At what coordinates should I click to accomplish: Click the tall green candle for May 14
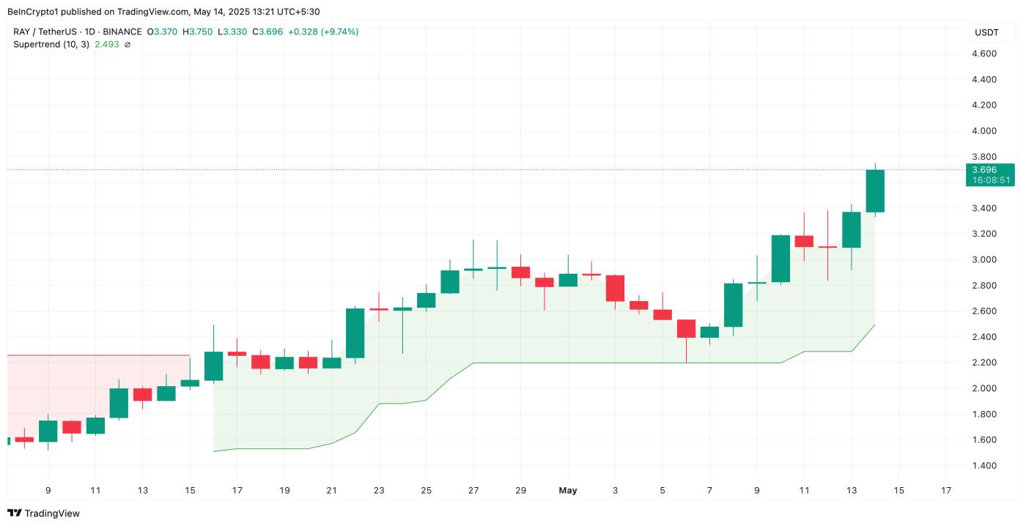tap(875, 191)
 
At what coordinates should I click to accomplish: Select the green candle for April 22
tap(355, 333)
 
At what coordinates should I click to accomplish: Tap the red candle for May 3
tap(615, 288)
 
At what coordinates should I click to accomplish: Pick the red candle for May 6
tap(686, 328)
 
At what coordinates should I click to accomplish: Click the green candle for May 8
tap(734, 305)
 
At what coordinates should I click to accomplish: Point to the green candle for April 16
tap(213, 366)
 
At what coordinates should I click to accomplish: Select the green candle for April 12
tap(119, 403)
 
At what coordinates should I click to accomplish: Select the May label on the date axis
tap(568, 490)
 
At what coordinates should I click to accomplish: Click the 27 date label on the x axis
tap(473, 490)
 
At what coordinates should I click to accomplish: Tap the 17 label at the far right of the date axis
tap(946, 490)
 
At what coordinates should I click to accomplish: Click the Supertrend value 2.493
tap(107, 45)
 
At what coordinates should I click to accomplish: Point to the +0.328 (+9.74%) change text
tap(323, 32)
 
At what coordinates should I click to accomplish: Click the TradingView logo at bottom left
tap(44, 514)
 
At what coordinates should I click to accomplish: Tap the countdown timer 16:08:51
tap(989, 180)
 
